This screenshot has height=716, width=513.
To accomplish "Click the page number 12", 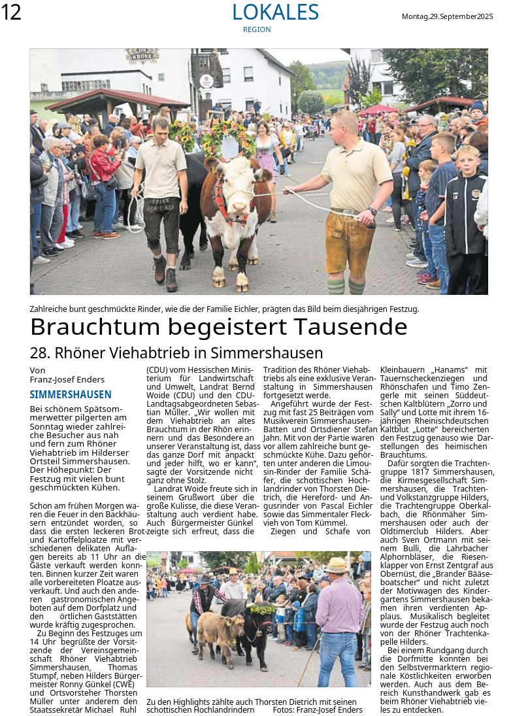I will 11,12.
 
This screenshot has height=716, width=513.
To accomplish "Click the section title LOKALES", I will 275,12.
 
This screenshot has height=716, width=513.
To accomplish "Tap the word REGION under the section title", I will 256,29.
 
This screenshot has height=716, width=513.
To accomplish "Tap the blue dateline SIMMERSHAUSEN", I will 71,394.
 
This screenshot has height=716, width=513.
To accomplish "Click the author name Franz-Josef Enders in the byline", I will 67,379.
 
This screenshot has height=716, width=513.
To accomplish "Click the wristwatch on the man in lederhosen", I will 372,211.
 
